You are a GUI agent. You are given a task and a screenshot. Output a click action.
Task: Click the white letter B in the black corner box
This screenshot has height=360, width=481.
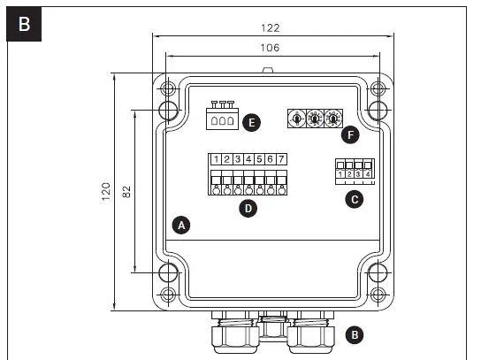[x=24, y=24]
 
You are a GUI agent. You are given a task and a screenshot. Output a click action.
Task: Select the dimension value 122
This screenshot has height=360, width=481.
[x=271, y=27]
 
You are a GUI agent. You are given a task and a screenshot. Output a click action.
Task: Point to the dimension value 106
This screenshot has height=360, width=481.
[x=271, y=49]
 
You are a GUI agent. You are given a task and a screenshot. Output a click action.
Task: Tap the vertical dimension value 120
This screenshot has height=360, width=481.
[x=106, y=192]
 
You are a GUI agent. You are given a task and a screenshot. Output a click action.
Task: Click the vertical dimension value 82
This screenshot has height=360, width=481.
[x=126, y=192]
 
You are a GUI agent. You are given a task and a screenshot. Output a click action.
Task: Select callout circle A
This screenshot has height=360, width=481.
[x=181, y=225]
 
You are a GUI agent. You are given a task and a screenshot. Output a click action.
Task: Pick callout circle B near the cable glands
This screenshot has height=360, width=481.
[x=355, y=334]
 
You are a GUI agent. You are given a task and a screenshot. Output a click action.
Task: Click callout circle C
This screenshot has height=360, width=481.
[x=355, y=200]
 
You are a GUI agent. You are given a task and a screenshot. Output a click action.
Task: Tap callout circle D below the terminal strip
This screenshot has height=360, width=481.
[x=248, y=210]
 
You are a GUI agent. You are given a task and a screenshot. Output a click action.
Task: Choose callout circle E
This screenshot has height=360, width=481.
[x=252, y=122]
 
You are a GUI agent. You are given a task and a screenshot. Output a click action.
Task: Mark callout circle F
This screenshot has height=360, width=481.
[x=353, y=135]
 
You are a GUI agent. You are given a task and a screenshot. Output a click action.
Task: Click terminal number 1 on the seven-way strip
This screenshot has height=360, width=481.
[x=216, y=159]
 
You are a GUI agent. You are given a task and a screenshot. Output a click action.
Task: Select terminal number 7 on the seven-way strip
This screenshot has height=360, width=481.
[x=280, y=159]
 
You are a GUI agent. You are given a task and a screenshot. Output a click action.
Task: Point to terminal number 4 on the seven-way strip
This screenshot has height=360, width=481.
[x=248, y=159]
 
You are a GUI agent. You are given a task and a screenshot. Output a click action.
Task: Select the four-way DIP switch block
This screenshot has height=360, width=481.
[x=352, y=171]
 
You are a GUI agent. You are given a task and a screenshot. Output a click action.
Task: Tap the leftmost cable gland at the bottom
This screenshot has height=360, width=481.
[x=230, y=336]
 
